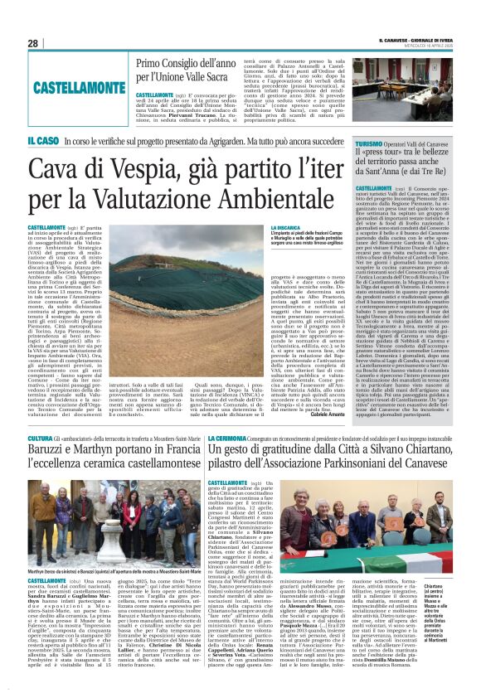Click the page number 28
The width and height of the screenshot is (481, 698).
[x=33, y=43]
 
